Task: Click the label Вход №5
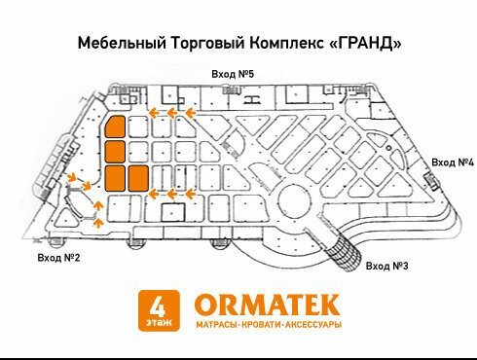(233, 74)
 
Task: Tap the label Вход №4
(453, 162)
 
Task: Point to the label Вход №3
(386, 266)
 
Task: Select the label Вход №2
(58, 258)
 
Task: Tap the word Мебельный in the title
(122, 43)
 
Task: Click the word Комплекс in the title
(286, 43)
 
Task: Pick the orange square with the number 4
(159, 310)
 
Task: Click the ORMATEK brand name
(267, 305)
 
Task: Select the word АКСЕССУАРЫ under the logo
(313, 324)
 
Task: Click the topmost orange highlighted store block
(115, 126)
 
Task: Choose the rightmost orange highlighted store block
(138, 178)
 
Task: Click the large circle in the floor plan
(295, 201)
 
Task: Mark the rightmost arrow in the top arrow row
(191, 113)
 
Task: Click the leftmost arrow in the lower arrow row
(154, 195)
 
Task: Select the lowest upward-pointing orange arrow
(98, 223)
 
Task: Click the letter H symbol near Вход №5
(253, 98)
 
